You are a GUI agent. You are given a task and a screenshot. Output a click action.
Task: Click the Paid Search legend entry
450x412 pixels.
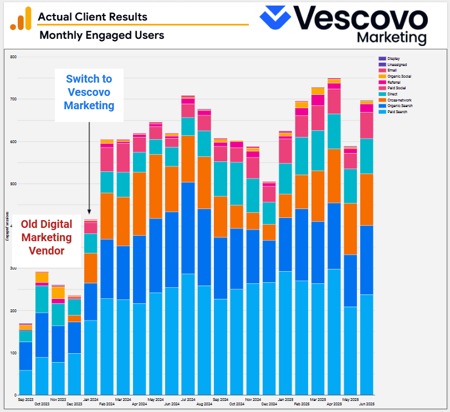pyautogui.click(x=394, y=111)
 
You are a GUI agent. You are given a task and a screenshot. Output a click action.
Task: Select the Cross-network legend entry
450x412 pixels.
pyautogui.click(x=395, y=100)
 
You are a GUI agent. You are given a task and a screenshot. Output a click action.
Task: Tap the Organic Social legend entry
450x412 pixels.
pyautogui.click(x=395, y=76)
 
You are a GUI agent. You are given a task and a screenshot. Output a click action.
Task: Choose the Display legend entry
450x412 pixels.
pyautogui.click(x=390, y=58)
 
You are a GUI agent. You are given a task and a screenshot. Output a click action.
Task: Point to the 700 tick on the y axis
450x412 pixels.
pyautogui.click(x=13, y=99)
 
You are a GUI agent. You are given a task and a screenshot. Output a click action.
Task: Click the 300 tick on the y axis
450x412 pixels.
pyautogui.click(x=13, y=268)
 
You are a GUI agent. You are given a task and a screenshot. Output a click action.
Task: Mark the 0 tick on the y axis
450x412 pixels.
pyautogui.click(x=16, y=395)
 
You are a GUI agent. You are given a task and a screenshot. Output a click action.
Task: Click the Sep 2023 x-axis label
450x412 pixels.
pyautogui.click(x=25, y=399)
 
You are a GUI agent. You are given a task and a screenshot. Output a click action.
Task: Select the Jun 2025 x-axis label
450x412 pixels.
pyautogui.click(x=366, y=404)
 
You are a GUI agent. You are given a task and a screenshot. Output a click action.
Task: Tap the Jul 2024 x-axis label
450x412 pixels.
pyautogui.click(x=188, y=399)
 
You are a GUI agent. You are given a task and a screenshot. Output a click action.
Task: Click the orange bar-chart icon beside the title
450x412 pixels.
pyautogui.click(x=21, y=21)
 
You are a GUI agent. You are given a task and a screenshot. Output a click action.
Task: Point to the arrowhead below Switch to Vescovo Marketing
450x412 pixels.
pyautogui.click(x=89, y=212)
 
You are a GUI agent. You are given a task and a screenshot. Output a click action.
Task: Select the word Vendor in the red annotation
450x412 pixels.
pyautogui.click(x=46, y=251)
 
